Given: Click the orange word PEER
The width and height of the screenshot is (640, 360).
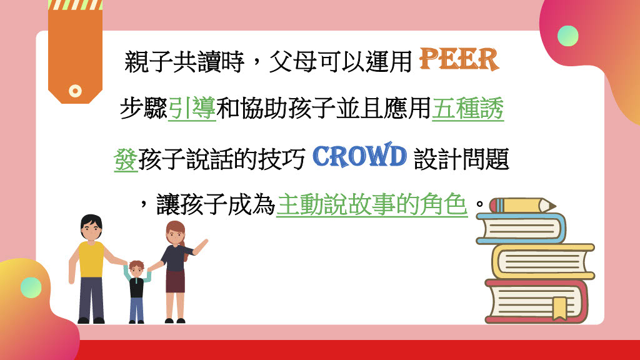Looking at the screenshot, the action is [x=459, y=59].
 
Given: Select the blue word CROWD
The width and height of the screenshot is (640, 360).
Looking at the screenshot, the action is [x=359, y=156].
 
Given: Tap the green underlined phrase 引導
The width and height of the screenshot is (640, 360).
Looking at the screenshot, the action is [x=192, y=109].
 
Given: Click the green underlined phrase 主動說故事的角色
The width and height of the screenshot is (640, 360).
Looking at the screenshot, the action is [x=372, y=205].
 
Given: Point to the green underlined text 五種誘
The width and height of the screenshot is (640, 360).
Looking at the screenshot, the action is [x=468, y=109].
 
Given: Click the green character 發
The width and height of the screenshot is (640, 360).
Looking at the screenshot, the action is [x=126, y=159].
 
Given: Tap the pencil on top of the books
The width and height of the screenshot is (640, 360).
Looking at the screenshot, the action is [x=522, y=205].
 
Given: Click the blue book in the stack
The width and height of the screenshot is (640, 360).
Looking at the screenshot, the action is [x=521, y=229].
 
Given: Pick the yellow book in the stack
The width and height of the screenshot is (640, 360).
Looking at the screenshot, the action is [x=543, y=262].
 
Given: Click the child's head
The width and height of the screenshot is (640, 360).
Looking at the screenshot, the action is [x=136, y=269].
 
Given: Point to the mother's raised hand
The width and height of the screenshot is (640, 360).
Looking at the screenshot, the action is [x=202, y=246].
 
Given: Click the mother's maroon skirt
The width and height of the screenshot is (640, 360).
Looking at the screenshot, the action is [x=175, y=282].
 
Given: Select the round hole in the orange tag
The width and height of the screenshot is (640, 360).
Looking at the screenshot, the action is [x=75, y=91].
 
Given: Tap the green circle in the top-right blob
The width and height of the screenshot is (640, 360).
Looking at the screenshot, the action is [x=567, y=36].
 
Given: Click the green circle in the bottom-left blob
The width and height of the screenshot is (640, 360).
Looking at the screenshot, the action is [x=31, y=287].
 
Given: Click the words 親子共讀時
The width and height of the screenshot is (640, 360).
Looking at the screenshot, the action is [x=184, y=62].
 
